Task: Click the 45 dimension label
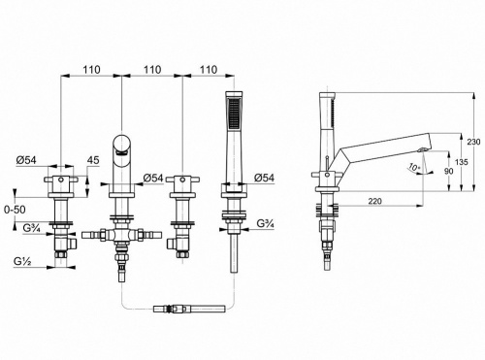pos(93,160)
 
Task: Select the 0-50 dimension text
pos(15,210)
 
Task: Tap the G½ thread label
pos(22,261)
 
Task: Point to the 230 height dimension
pos(474,142)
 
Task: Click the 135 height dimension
pos(461,162)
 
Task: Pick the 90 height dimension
pos(449,171)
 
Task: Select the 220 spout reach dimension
pos(375,201)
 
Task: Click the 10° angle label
pos(413,167)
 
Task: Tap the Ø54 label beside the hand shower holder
pos(264,178)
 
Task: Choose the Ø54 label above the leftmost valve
pos(26,160)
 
